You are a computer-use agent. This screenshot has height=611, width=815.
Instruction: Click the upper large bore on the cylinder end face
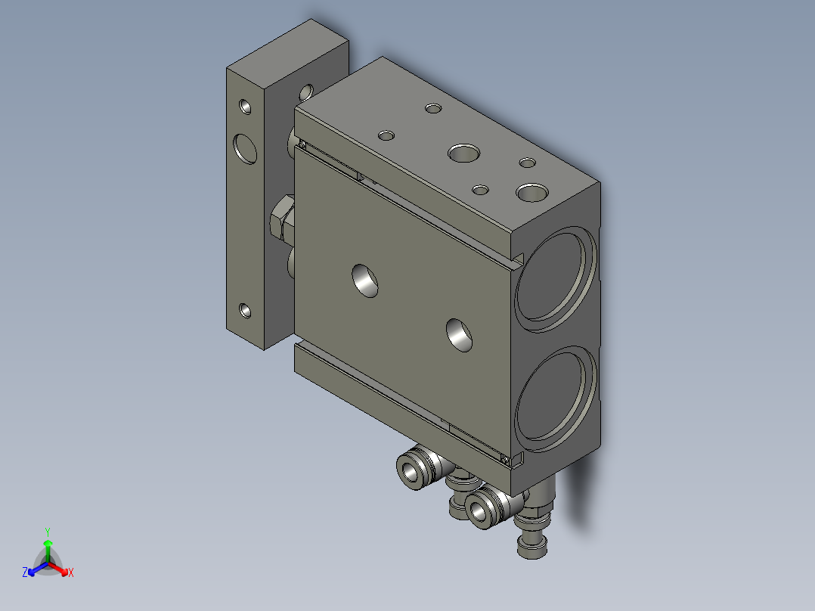(x=556, y=278)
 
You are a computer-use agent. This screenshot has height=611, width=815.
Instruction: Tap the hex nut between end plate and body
(x=282, y=219)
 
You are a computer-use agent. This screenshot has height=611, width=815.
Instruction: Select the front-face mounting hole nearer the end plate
(x=367, y=279)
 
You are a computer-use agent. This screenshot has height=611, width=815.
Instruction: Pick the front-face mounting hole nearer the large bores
(x=460, y=333)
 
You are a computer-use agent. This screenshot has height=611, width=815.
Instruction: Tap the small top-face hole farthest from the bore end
(x=433, y=109)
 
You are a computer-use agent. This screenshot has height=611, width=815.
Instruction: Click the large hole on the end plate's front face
(x=246, y=147)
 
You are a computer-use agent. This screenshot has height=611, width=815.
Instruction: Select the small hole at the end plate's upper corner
(x=246, y=106)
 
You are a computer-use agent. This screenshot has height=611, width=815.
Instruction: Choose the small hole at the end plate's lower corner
(x=245, y=309)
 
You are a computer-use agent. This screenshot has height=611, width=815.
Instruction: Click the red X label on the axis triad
(x=70, y=573)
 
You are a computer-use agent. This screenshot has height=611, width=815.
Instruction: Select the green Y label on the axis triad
(x=47, y=531)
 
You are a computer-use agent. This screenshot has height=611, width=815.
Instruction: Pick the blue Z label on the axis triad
(x=25, y=572)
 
